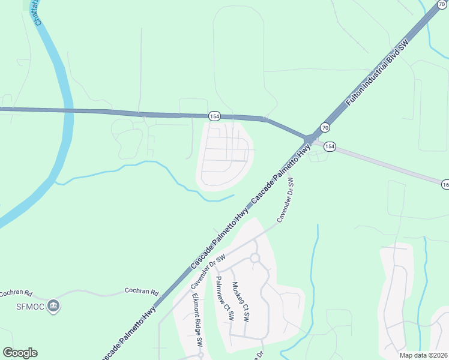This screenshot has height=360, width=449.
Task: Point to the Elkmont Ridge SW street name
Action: [x=197, y=320]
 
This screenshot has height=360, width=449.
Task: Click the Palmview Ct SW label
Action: [x=224, y=299]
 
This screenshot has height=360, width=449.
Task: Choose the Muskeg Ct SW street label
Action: [x=240, y=302]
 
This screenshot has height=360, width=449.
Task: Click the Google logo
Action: [x=20, y=353]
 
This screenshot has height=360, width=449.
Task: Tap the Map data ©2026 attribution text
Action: [x=423, y=355]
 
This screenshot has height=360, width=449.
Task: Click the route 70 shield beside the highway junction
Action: [x=325, y=127]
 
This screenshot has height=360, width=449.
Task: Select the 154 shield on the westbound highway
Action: [x=214, y=115]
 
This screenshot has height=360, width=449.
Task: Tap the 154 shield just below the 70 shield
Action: [x=330, y=146]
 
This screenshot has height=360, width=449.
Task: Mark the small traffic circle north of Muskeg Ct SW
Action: [x=255, y=258]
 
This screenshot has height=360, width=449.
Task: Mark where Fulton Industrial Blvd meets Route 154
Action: [x=309, y=139]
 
